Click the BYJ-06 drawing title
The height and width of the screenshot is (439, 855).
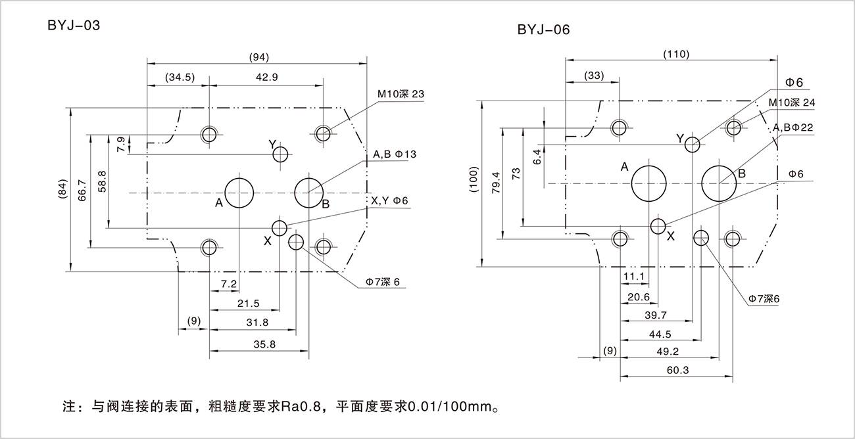543,30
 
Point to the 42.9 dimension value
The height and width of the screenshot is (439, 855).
266,77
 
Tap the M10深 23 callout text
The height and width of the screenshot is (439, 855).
401,94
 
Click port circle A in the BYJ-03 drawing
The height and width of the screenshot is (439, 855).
240,193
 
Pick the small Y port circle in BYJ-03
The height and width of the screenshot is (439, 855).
281,154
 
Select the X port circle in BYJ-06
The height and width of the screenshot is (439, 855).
658,226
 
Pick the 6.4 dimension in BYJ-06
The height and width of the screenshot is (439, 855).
537,157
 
